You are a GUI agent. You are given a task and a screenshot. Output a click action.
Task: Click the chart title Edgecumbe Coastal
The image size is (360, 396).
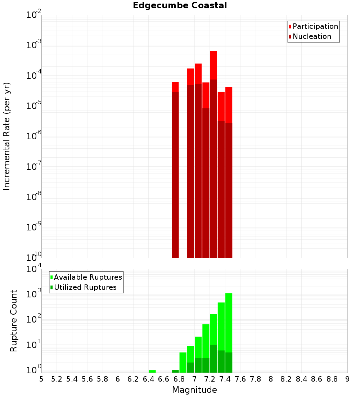(x=180, y=5)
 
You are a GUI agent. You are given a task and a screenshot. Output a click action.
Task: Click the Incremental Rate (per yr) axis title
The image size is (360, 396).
(x=7, y=136)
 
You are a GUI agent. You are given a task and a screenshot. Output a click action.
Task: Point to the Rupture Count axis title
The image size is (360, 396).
(x=14, y=321)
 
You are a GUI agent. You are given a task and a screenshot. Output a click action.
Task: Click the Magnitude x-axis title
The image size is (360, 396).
(x=194, y=390)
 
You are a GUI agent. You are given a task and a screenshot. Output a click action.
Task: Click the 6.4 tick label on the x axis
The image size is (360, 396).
(x=148, y=379)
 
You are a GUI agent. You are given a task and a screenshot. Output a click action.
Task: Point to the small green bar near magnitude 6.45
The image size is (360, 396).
(x=152, y=371)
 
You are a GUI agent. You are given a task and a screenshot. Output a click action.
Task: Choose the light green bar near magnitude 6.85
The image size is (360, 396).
(x=183, y=362)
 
